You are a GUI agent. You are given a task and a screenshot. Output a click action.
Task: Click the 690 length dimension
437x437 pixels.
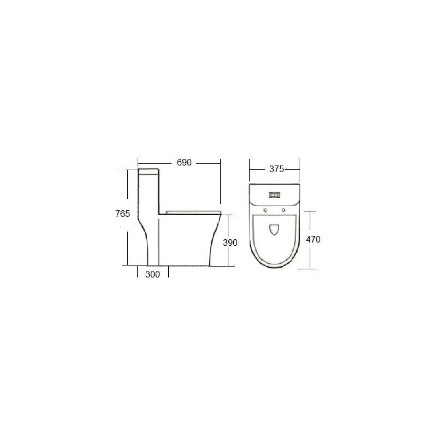(184, 162)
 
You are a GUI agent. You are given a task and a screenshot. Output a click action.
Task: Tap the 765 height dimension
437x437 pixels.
(122, 214)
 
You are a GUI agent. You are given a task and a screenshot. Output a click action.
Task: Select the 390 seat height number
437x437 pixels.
(230, 243)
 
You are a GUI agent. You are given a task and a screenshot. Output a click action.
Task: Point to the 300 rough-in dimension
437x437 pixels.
(153, 275)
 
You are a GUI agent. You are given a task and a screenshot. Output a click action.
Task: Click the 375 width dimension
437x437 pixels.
(276, 169)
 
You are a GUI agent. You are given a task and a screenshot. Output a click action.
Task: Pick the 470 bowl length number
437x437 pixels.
(313, 239)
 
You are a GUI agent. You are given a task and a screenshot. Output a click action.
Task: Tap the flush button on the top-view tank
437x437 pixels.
(275, 195)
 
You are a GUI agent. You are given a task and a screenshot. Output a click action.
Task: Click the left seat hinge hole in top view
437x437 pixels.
(265, 210)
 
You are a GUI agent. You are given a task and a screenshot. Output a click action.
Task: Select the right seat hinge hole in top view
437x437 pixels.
(284, 210)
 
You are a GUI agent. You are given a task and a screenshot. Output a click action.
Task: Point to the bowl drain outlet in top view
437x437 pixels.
(275, 229)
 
